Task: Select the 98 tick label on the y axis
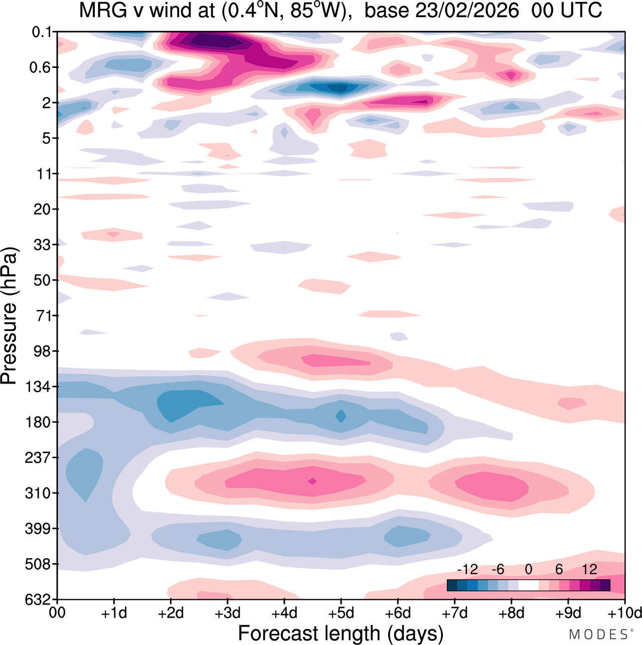coord(42,351)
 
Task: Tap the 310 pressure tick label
coord(38,493)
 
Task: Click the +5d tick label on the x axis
coord(341,613)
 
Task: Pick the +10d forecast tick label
coord(624,613)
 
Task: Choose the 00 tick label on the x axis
coord(58,613)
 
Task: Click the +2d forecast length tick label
coord(171,613)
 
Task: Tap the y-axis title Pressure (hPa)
coord(9,316)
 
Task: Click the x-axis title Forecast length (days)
coord(341,633)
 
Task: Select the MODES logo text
coord(598,634)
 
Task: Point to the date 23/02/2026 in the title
coord(441,11)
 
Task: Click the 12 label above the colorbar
coord(589,569)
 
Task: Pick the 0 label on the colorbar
coord(528,569)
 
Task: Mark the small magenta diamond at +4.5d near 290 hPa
coord(312,481)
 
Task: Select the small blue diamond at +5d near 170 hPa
coord(341,416)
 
